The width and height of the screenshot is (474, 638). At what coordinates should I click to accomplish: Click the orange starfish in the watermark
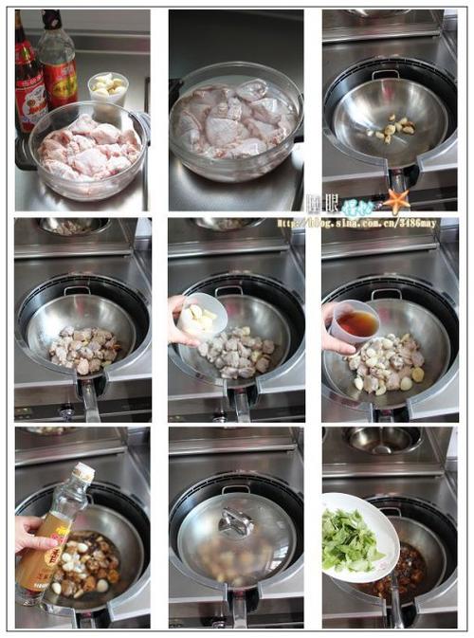[395, 201]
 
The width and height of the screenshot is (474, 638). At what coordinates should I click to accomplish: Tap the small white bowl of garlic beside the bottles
[107, 87]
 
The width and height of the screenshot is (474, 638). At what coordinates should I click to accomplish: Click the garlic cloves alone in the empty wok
[395, 127]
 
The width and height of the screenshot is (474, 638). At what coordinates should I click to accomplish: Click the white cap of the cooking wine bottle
[83, 472]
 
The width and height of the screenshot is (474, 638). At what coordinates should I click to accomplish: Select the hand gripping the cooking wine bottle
[30, 535]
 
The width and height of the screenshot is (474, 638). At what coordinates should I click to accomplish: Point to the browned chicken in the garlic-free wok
[85, 351]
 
